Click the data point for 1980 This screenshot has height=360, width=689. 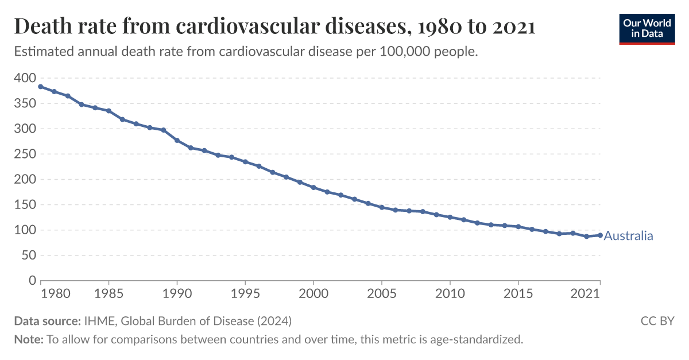pos(40,87)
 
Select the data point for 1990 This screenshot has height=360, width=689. pos(177,140)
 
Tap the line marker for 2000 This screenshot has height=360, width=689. pos(313,187)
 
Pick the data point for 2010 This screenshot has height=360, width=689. pos(450,217)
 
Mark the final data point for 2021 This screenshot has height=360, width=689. pos(600,235)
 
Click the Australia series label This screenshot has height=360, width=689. pos(628,236)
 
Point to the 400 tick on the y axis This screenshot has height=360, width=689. pos(24,78)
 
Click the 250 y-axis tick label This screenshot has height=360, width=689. pos(24,154)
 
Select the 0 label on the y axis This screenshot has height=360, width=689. pos(32,281)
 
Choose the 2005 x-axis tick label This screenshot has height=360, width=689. pos(382,294)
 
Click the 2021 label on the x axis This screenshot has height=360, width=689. pos(586,294)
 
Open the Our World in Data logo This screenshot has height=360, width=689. pos(647,28)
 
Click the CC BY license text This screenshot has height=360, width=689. pos(657,320)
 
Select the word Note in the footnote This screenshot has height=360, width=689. pos(28,339)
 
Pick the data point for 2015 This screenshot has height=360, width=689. pos(518,226)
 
